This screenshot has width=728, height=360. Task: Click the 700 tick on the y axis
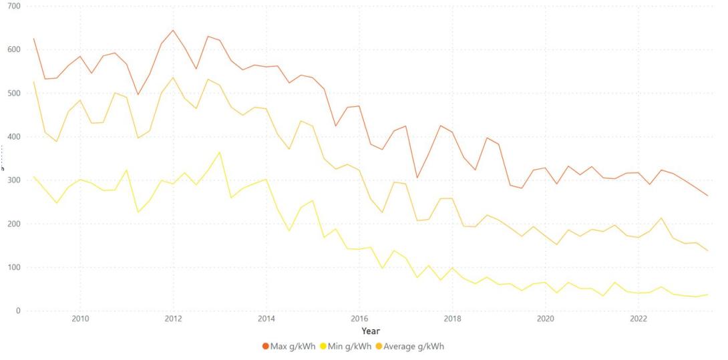click(13, 6)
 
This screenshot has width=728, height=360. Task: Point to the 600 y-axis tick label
click(13, 49)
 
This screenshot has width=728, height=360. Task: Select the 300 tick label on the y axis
click(13, 180)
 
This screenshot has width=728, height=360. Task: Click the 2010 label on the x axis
click(80, 319)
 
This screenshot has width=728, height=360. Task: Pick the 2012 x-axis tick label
click(173, 319)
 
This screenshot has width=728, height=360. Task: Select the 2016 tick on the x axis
click(359, 319)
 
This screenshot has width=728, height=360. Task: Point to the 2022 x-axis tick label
click(639, 319)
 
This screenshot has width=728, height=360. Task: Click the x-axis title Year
click(371, 331)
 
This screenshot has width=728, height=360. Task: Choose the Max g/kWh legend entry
click(289, 347)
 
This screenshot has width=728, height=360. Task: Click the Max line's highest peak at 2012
click(173, 30)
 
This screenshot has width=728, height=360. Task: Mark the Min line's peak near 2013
click(220, 152)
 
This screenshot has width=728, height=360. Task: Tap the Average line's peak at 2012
click(173, 77)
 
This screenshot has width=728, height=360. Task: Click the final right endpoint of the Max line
click(708, 196)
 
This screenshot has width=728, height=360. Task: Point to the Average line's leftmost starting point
click(33, 81)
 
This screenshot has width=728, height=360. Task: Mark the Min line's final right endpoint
click(708, 295)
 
